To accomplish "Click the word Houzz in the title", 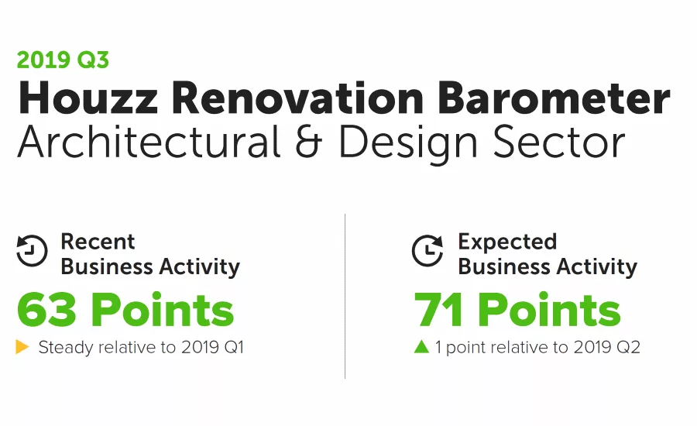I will point(88,99).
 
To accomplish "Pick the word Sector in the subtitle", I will point(560,143).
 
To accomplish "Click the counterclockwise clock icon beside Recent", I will point(32,251).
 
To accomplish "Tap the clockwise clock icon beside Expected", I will point(427,251).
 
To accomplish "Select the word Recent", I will point(98,242).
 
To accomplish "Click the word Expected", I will point(507,242).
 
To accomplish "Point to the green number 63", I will point(47,310).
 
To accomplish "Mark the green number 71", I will point(440,310).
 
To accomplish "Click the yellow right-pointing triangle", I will point(22,347).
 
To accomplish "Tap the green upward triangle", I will point(421,347).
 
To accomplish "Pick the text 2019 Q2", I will point(607,348).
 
